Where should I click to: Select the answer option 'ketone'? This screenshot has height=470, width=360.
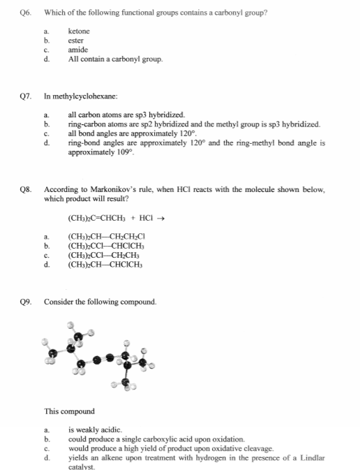[79, 31]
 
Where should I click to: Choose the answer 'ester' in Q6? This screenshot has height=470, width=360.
[77, 41]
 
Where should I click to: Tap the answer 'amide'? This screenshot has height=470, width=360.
[77, 50]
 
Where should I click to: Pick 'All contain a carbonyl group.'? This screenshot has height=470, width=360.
[115, 59]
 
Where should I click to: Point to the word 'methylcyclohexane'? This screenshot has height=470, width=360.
[89, 94]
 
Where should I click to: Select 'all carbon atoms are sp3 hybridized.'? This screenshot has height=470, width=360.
[126, 113]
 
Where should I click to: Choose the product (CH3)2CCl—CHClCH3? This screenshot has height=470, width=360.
[105, 246]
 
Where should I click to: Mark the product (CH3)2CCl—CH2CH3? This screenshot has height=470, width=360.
[102, 255]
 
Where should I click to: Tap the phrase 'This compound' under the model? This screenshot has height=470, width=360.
[69, 411]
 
